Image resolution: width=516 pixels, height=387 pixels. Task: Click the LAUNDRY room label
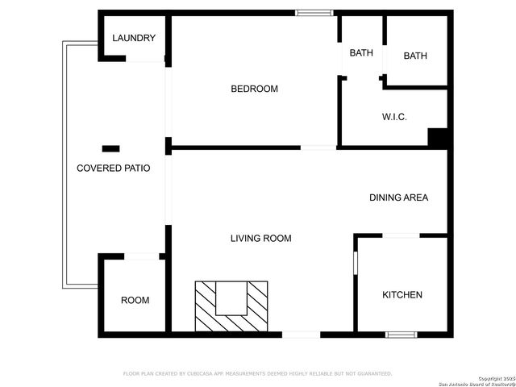[134, 38]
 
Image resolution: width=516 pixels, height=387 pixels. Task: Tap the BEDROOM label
[254, 89]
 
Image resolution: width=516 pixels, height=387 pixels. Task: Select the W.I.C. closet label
[394, 117]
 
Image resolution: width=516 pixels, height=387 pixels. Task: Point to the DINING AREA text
[398, 198]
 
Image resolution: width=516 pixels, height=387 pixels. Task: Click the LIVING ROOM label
[260, 238]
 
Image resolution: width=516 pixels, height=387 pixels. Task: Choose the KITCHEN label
[402, 295]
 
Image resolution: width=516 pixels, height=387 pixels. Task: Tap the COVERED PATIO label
[113, 169]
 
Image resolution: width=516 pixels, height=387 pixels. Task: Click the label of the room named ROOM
[135, 300]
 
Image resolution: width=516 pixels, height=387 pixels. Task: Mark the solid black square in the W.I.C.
[438, 137]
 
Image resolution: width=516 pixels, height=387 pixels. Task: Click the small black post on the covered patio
[110, 148]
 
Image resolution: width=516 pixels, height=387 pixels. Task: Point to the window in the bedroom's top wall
[314, 12]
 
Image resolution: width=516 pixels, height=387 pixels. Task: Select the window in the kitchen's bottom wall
[401, 334]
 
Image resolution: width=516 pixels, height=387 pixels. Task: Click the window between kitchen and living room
[356, 263]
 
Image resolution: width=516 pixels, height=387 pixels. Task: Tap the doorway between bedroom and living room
[318, 148]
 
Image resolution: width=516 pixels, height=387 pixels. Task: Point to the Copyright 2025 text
[496, 377]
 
